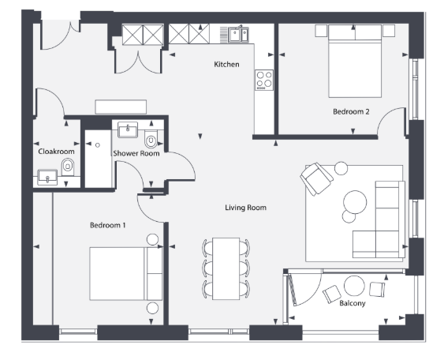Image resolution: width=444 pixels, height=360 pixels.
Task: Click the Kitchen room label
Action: pyautogui.click(x=226, y=65)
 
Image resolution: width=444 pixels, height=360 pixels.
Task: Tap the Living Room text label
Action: pyautogui.click(x=246, y=208)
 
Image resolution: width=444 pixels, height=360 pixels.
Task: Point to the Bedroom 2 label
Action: pyautogui.click(x=351, y=111)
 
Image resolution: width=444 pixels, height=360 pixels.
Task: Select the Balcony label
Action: pyautogui.click(x=353, y=303)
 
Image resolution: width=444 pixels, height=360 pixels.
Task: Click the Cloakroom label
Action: pyautogui.click(x=56, y=152)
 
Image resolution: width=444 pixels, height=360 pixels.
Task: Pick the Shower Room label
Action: pyautogui.click(x=136, y=153)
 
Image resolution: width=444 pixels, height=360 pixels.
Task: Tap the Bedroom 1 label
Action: pyautogui.click(x=107, y=225)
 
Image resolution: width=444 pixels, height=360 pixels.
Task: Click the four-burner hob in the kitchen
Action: pyautogui.click(x=264, y=80)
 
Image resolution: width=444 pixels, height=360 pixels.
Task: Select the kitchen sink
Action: pyautogui.click(x=238, y=35)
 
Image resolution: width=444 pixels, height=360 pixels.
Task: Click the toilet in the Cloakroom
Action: pyautogui.click(x=68, y=167)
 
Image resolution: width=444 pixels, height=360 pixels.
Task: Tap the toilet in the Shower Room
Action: pyautogui.click(x=151, y=139)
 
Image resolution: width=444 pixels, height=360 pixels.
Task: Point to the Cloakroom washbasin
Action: pyautogui.click(x=47, y=177)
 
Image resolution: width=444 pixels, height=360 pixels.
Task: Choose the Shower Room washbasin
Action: pyautogui.click(x=128, y=129)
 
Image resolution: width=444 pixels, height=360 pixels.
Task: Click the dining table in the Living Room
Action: pyautogui.click(x=226, y=268)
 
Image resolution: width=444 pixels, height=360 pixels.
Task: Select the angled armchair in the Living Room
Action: pyautogui.click(x=316, y=178)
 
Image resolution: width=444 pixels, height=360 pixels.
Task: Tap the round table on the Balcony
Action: pyautogui.click(x=354, y=286)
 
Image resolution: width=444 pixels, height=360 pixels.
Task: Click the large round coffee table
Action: pyautogui.click(x=355, y=202)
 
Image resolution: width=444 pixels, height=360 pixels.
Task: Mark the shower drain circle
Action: pyautogui.click(x=98, y=145)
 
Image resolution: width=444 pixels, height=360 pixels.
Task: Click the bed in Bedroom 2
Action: pyautogui.click(x=355, y=62)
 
